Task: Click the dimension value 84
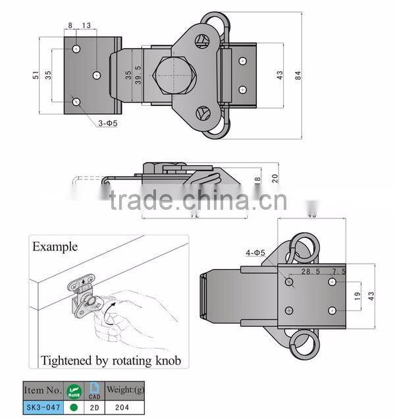tap(300, 76)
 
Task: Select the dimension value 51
tap(35, 76)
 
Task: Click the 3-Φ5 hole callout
tap(107, 123)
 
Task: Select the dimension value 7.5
tap(340, 271)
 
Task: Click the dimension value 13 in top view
tap(87, 26)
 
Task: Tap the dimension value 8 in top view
tap(70, 26)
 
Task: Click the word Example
tap(55, 247)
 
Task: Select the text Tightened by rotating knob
tap(111, 360)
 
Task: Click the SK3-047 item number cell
tap(43, 407)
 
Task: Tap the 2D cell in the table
tap(95, 407)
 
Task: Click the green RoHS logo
tap(73, 391)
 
